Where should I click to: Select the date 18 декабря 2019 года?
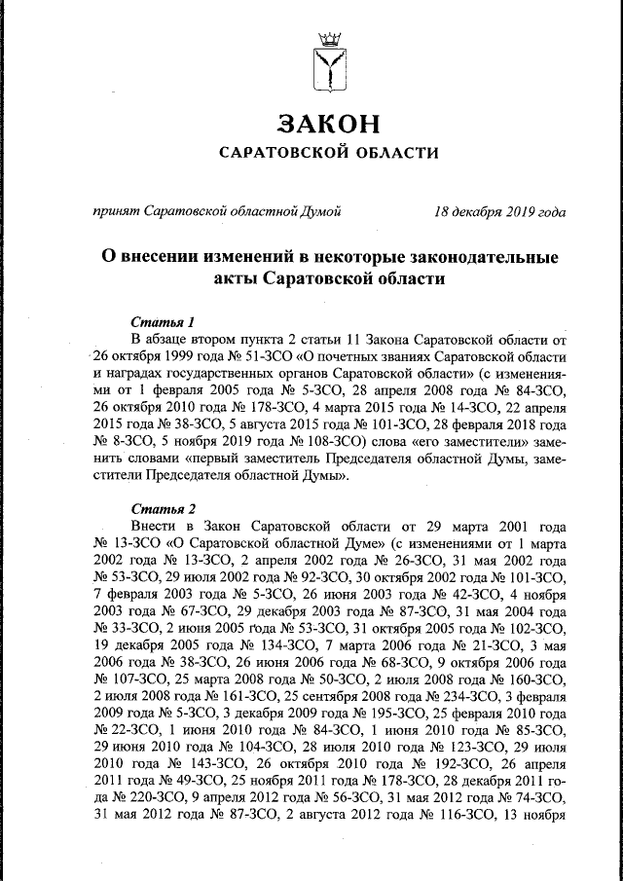click(499, 211)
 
